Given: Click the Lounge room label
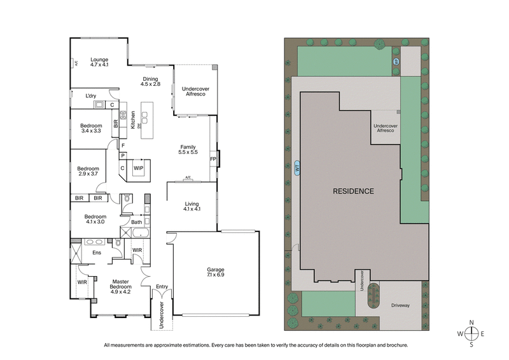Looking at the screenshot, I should point(100,62).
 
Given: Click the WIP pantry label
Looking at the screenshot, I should point(138,168).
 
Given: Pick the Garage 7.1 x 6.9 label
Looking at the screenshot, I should point(215,273).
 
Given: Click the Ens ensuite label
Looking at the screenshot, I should point(97,253).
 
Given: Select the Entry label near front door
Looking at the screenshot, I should point(162,287).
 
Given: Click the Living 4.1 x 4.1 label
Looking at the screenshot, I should point(192,207).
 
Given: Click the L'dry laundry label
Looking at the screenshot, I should point(92,96).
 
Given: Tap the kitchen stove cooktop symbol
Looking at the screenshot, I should point(123,116).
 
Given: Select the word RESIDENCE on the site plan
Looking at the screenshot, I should point(351,191).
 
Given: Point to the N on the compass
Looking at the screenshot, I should point(471,322).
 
